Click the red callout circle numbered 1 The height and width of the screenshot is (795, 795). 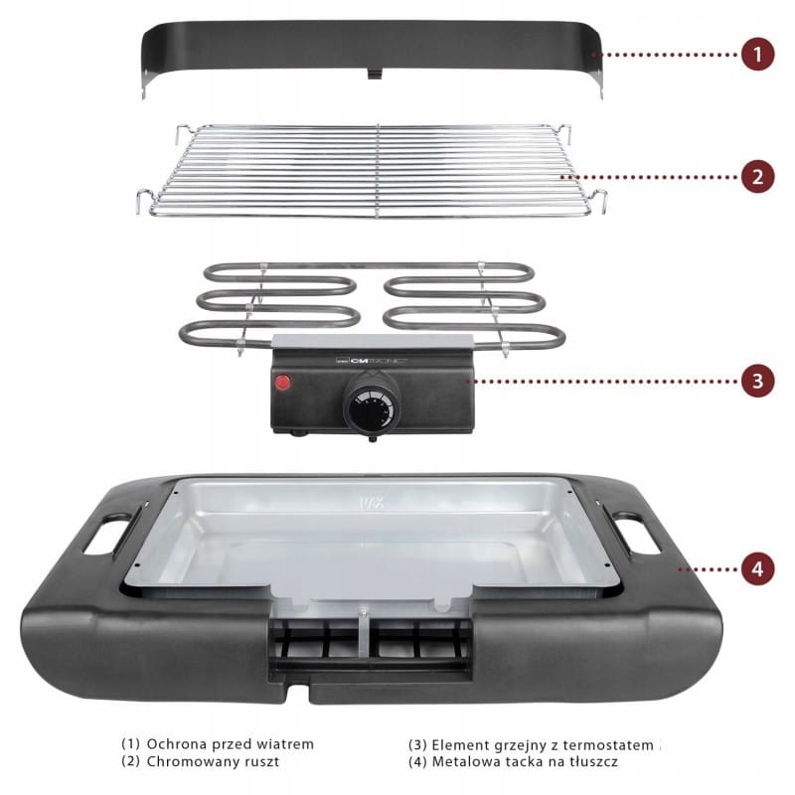(757, 54)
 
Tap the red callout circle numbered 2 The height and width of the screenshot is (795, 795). (757, 177)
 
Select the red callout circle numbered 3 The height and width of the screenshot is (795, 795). (757, 381)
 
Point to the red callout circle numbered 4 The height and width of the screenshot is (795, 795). (757, 568)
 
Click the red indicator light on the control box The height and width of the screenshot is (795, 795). (283, 383)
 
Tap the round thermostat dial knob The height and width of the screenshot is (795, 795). (372, 402)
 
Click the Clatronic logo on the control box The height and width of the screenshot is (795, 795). (373, 361)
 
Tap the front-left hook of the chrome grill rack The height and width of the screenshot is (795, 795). (145, 201)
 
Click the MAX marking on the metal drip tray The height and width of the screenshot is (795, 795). (372, 503)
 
